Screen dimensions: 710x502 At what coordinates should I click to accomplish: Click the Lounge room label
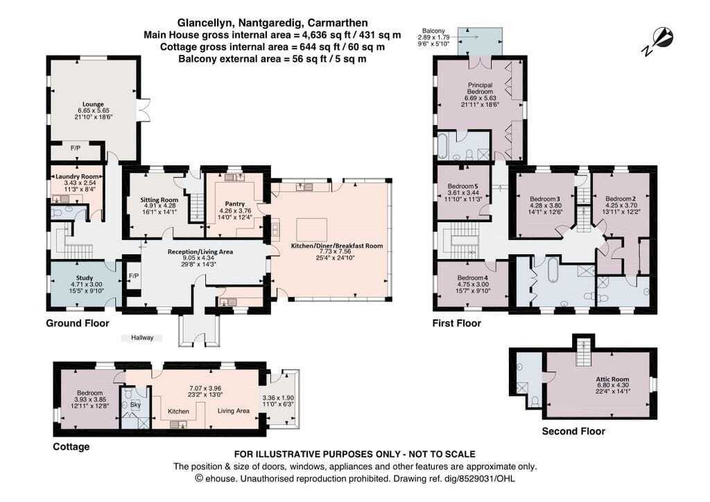coord(94,104)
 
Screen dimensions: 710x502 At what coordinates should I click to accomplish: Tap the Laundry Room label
coord(77,176)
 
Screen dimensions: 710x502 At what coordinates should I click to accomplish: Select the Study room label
coord(85,278)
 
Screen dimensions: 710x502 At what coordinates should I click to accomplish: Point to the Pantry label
coord(234,204)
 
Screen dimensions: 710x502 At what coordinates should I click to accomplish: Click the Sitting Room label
coord(159,199)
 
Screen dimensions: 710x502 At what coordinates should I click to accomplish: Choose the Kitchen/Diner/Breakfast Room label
coord(336,246)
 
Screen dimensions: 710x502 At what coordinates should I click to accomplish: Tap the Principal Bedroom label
coord(480,88)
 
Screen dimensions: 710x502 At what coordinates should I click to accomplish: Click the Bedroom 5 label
coord(462,186)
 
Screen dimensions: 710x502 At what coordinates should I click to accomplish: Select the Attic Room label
coord(612,379)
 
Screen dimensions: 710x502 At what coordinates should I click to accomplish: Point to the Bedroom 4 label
coord(473,278)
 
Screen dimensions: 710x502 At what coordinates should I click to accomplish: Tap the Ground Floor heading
coord(78,324)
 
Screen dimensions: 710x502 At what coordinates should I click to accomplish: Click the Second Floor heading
coord(573,431)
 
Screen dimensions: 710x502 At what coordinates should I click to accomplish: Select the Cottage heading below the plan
coord(71,446)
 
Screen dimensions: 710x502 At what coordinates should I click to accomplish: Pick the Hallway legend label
coord(142,338)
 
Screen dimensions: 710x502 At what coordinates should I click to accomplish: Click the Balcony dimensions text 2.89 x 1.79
coord(433,37)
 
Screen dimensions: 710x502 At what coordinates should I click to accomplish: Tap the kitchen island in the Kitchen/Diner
coord(311,229)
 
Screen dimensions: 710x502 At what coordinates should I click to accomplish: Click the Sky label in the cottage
coord(135,405)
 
